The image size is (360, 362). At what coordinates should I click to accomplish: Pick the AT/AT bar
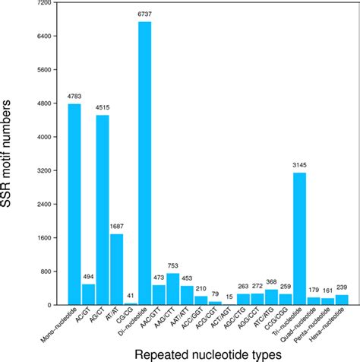116,269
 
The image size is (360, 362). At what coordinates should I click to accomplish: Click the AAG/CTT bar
172,289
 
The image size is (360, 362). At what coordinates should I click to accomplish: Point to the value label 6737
144,15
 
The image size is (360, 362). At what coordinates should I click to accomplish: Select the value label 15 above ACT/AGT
229,297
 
